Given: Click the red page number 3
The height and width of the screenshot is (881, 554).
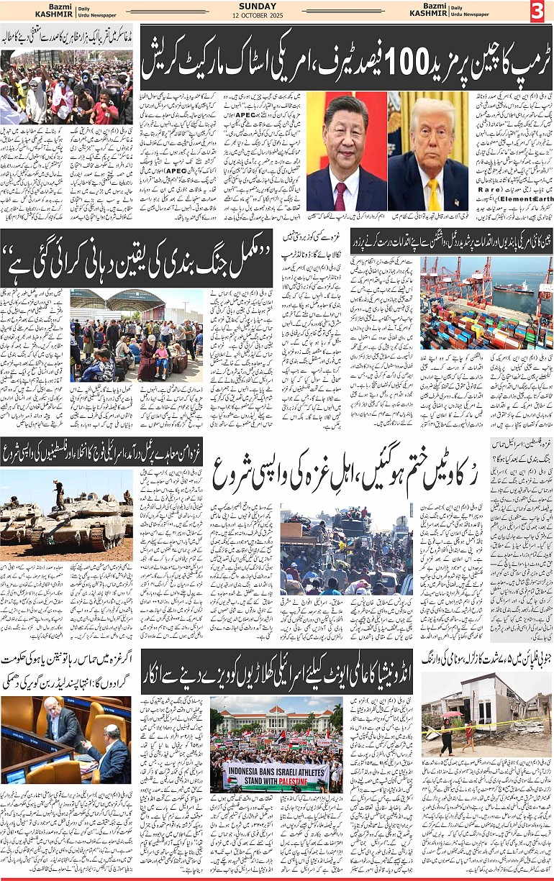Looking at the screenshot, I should (538, 11).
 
